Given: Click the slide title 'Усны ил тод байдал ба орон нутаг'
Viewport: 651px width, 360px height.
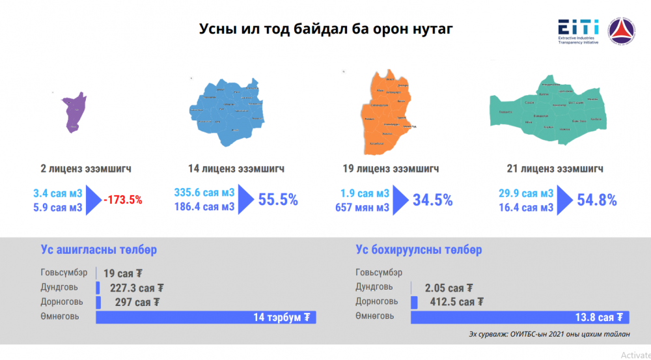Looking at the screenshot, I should click(x=325, y=29).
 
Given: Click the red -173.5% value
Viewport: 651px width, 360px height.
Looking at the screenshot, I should click(x=122, y=200).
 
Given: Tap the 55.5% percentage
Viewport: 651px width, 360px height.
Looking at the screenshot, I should click(x=278, y=200).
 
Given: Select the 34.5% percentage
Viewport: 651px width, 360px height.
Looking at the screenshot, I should click(x=432, y=200).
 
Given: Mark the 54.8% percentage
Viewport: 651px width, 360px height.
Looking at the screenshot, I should click(x=597, y=200).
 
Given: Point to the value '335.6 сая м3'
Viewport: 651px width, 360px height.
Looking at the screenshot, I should click(x=204, y=193).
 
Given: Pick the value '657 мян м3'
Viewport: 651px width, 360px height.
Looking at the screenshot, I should click(x=362, y=207).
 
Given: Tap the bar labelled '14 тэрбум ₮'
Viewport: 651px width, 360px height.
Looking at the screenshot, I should click(x=206, y=317).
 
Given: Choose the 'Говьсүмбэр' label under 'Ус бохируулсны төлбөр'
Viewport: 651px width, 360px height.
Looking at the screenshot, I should click(x=379, y=273).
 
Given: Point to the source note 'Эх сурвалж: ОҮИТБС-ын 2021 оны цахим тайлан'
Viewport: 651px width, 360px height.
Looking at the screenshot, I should click(x=549, y=335).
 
